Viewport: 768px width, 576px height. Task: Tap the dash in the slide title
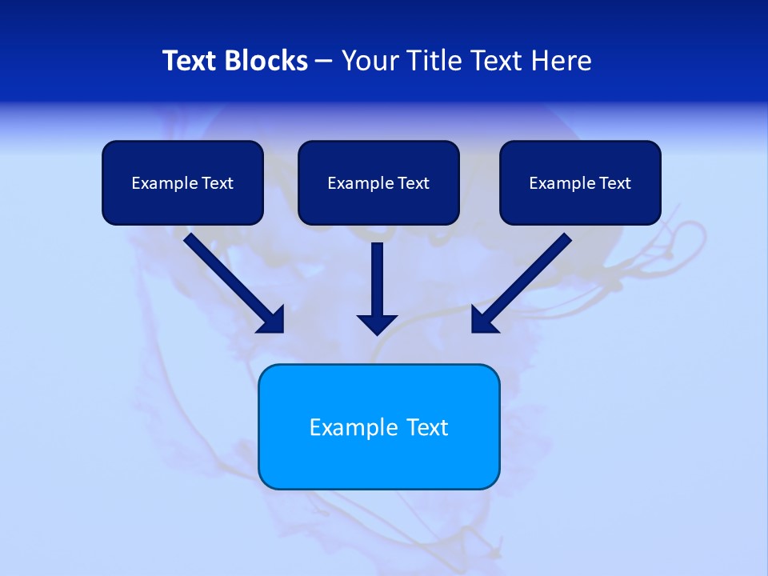tap(324, 62)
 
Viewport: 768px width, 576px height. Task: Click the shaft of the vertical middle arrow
tap(377, 276)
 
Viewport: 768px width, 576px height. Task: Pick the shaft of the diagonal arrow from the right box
tap(532, 272)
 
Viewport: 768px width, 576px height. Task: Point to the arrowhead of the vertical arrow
tap(377, 324)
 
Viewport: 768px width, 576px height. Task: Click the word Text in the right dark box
tap(614, 183)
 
